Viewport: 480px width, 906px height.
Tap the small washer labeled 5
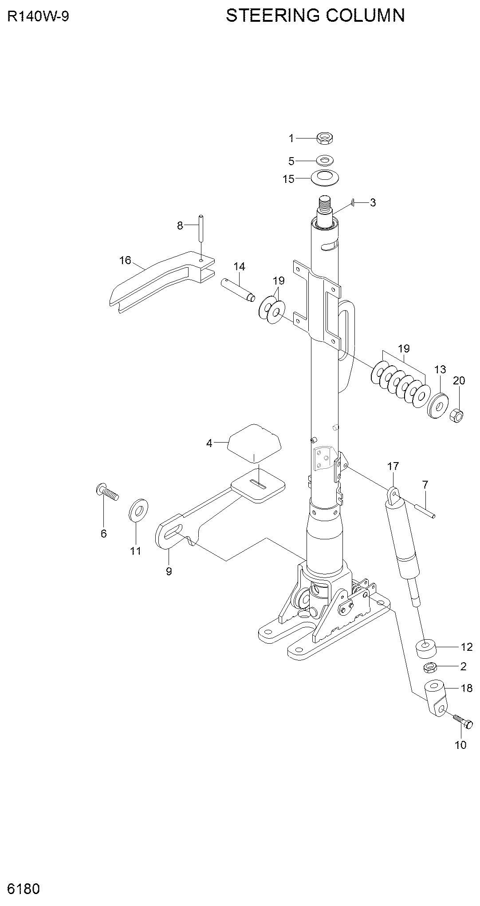[325, 160]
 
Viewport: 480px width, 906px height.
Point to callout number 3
[373, 203]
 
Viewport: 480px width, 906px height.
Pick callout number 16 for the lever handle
[125, 260]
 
